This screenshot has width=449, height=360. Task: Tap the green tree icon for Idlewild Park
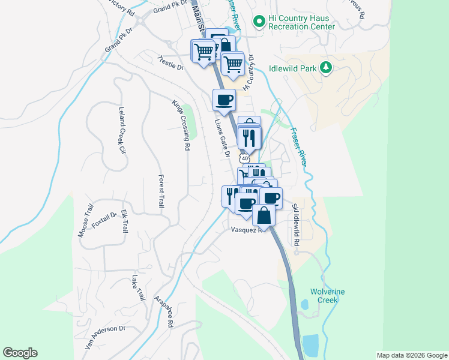[x=327, y=68]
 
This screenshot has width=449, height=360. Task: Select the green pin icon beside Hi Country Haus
[x=259, y=22]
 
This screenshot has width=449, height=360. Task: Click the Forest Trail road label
[x=161, y=191]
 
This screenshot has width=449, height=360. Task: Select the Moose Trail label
[x=85, y=221]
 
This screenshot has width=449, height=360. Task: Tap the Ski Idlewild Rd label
[x=295, y=224]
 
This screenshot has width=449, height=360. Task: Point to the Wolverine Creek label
[x=327, y=296]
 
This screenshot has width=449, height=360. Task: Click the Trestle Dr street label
[x=170, y=63]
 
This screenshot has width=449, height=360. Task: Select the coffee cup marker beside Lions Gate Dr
[x=224, y=100]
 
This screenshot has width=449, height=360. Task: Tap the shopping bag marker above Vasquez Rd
[x=264, y=215]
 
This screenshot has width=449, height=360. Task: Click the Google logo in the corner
[x=20, y=353]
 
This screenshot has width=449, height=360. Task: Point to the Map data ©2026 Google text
[x=411, y=355]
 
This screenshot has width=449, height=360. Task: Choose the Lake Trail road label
[x=139, y=288]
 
